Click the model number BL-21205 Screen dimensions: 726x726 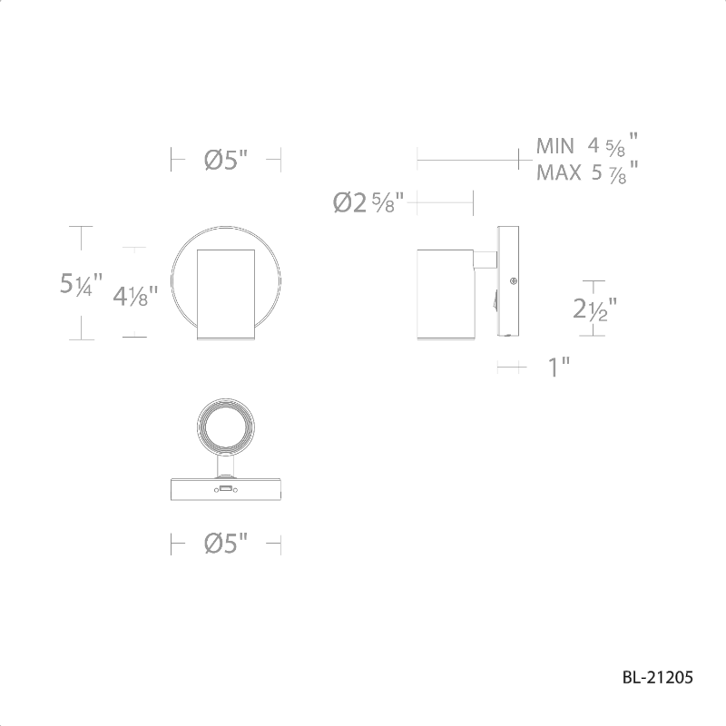[657, 677]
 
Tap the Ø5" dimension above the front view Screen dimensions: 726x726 [226, 160]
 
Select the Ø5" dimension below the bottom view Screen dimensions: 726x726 [226, 543]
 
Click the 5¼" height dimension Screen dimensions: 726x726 [81, 284]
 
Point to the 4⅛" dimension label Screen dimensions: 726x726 [135, 296]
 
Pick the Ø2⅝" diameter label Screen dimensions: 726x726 [368, 202]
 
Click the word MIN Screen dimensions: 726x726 [554, 146]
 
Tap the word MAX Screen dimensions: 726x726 [558, 173]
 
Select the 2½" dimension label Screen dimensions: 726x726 [595, 309]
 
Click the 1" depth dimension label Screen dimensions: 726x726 [558, 368]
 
